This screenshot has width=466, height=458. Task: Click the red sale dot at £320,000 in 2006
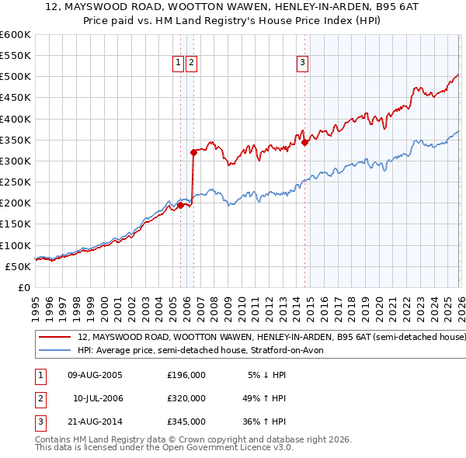pyautogui.click(x=193, y=153)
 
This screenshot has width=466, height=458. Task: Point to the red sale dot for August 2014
pyautogui.click(x=305, y=142)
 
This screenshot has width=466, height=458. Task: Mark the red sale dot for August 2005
pyautogui.click(x=181, y=205)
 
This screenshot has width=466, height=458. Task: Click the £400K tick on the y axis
pyautogui.click(x=15, y=119)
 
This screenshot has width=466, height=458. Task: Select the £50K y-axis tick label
pyautogui.click(x=18, y=266)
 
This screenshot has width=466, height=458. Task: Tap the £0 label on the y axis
pyautogui.click(x=23, y=287)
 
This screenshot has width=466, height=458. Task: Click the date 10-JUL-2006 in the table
pyautogui.click(x=98, y=398)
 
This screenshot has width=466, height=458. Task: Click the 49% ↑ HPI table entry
pyautogui.click(x=264, y=398)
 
